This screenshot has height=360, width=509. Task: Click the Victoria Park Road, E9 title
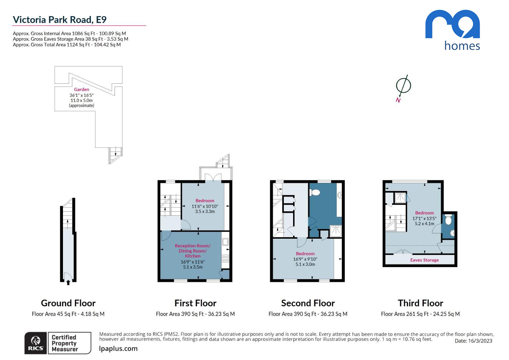click(60, 20)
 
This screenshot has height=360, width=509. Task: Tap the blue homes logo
click(452, 30)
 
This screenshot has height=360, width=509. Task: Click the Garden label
click(82, 89)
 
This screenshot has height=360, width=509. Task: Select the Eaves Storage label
click(424, 260)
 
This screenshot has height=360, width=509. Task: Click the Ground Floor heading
click(68, 303)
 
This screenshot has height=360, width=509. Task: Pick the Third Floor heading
click(420, 303)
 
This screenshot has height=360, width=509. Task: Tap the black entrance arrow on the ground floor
click(68, 282)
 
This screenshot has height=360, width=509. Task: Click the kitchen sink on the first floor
click(225, 242)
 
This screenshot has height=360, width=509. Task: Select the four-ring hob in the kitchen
click(226, 258)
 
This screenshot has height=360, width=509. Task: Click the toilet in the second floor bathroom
click(315, 193)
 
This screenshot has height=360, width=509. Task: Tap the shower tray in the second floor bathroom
click(336, 231)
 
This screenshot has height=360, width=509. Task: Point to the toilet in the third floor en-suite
click(448, 220)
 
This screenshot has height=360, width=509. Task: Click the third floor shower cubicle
click(400, 198)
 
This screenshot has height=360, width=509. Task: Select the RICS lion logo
click(36, 343)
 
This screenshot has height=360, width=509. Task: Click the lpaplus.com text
click(118, 348)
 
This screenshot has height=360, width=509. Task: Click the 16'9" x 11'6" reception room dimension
click(193, 262)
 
